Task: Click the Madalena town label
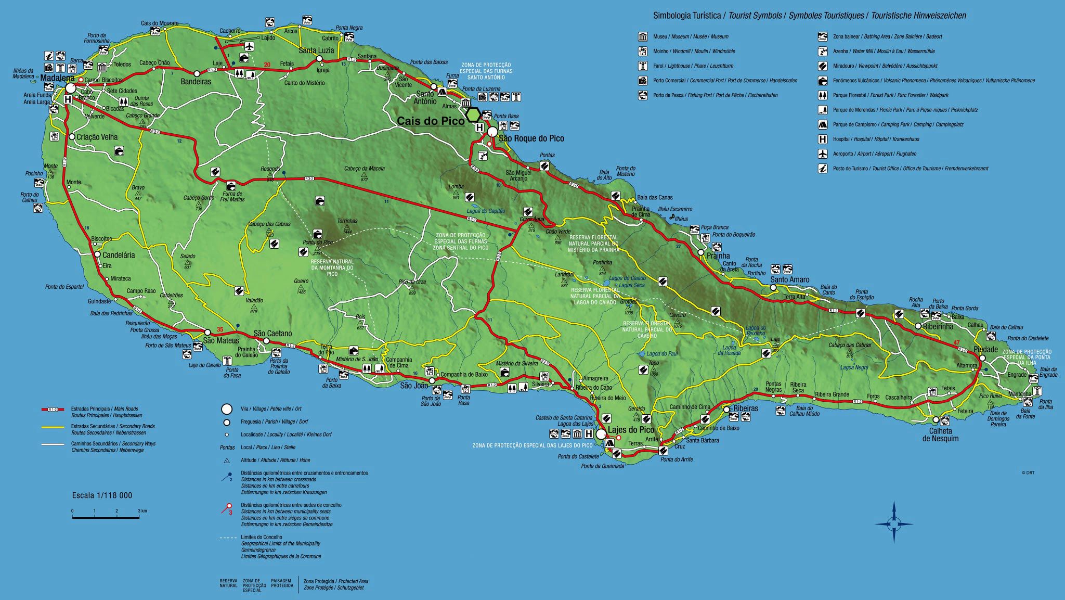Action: click(x=54, y=78)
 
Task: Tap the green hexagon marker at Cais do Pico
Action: click(x=473, y=114)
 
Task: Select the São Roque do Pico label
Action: click(x=531, y=138)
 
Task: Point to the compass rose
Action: click(x=894, y=523)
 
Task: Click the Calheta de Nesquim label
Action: click(x=941, y=435)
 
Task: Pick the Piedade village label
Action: click(x=985, y=349)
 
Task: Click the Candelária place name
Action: click(x=119, y=255)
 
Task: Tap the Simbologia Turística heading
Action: click(x=686, y=16)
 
